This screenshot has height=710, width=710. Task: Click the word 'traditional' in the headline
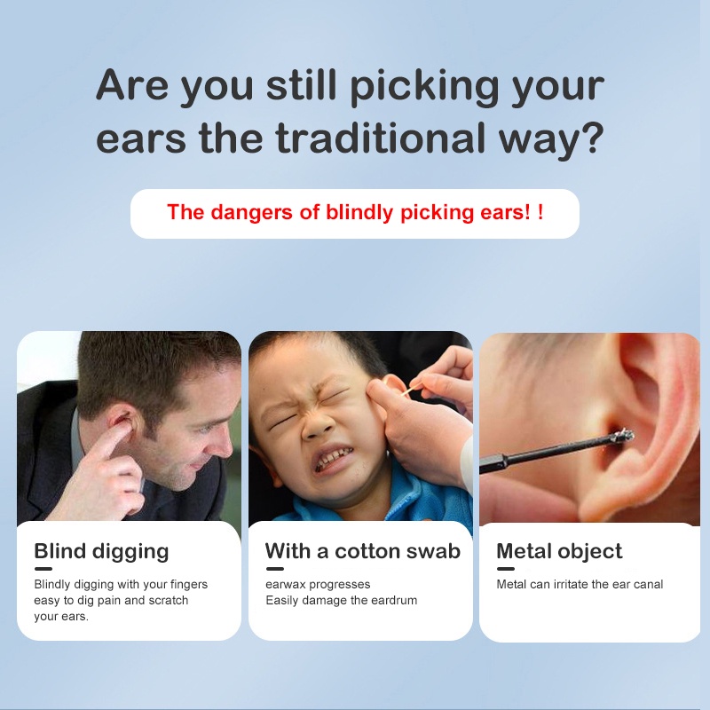click(381, 138)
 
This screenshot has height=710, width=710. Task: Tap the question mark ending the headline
click(592, 138)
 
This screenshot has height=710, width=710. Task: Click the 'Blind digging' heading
click(101, 551)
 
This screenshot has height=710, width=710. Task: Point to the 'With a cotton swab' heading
click(363, 551)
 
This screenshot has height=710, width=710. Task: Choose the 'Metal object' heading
click(559, 551)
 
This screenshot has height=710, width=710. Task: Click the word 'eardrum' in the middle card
click(395, 601)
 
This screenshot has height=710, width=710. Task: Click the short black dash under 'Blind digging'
click(43, 569)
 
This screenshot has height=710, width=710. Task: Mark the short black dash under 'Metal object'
click(505, 569)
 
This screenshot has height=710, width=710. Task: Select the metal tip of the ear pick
click(623, 436)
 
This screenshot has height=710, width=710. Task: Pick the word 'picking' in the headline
click(424, 86)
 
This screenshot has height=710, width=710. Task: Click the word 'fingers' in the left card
click(189, 585)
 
